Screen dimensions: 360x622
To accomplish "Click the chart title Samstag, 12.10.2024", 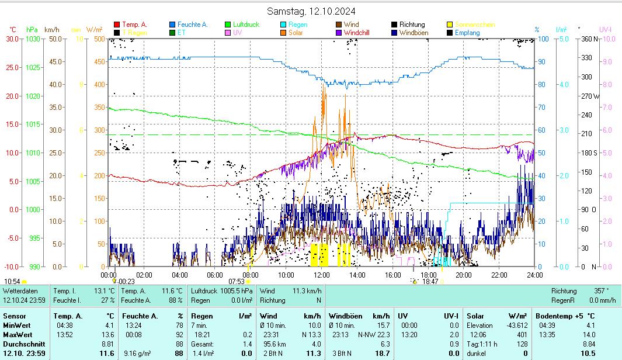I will click(311, 11).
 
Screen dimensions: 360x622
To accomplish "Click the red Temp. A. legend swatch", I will click(117, 25).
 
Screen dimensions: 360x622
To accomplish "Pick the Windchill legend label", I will click(357, 33).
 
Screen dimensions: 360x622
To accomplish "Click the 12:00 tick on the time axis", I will click(322, 275).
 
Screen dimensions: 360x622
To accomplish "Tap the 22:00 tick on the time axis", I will click(499, 275).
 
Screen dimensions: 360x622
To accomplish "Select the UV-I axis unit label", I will click(605, 29).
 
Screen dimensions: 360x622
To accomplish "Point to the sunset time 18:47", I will click(430, 281).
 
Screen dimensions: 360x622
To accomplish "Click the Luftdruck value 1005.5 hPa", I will click(237, 291).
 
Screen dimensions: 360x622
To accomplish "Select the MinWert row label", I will click(17, 326).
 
